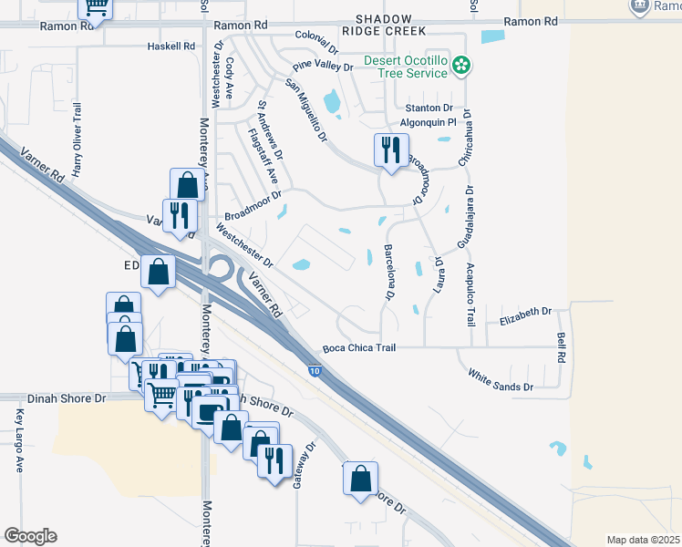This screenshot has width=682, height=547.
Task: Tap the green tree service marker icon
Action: [463, 64]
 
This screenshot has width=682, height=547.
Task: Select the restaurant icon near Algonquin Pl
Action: [392, 149]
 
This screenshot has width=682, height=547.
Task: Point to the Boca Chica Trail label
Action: [359, 347]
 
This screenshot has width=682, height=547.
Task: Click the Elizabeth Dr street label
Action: [527, 311]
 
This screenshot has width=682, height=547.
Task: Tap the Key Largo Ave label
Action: [19, 439]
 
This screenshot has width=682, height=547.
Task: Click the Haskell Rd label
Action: [171, 46]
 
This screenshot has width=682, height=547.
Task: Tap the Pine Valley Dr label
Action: [322, 67]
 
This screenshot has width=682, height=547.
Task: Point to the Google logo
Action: [30, 536]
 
